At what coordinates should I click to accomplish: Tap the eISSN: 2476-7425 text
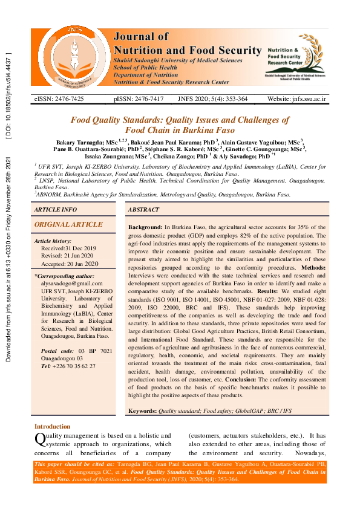(x=59, y=99)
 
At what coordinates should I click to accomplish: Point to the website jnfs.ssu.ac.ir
(x=296, y=99)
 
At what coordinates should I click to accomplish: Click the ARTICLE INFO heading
(x=56, y=209)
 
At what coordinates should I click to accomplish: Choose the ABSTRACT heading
(x=144, y=209)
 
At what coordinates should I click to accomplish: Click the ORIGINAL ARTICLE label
(x=60, y=224)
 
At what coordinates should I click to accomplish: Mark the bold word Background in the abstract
(x=145, y=226)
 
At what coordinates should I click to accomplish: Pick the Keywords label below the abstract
(x=142, y=410)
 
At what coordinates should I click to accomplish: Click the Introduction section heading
(x=52, y=427)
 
